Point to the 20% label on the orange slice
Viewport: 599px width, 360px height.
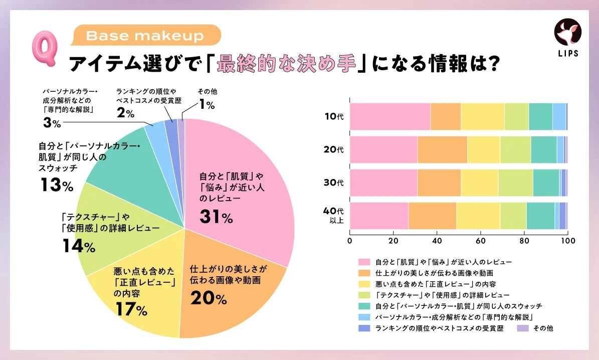pyautogui.click(x=209, y=298)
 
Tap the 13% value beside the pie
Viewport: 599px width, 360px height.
pyautogui.click(x=56, y=186)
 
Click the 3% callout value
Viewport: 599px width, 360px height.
pyautogui.click(x=53, y=122)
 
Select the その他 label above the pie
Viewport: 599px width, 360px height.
pyautogui.click(x=207, y=92)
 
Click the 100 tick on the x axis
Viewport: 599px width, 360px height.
pyautogui.click(x=567, y=241)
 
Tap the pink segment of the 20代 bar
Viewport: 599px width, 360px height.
pyautogui.click(x=383, y=149)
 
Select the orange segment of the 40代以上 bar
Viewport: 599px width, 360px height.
pyautogui.click(x=432, y=216)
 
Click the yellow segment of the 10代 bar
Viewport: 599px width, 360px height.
pyautogui.click(x=482, y=116)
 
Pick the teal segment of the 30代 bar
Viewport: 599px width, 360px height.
pyautogui.click(x=546, y=183)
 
